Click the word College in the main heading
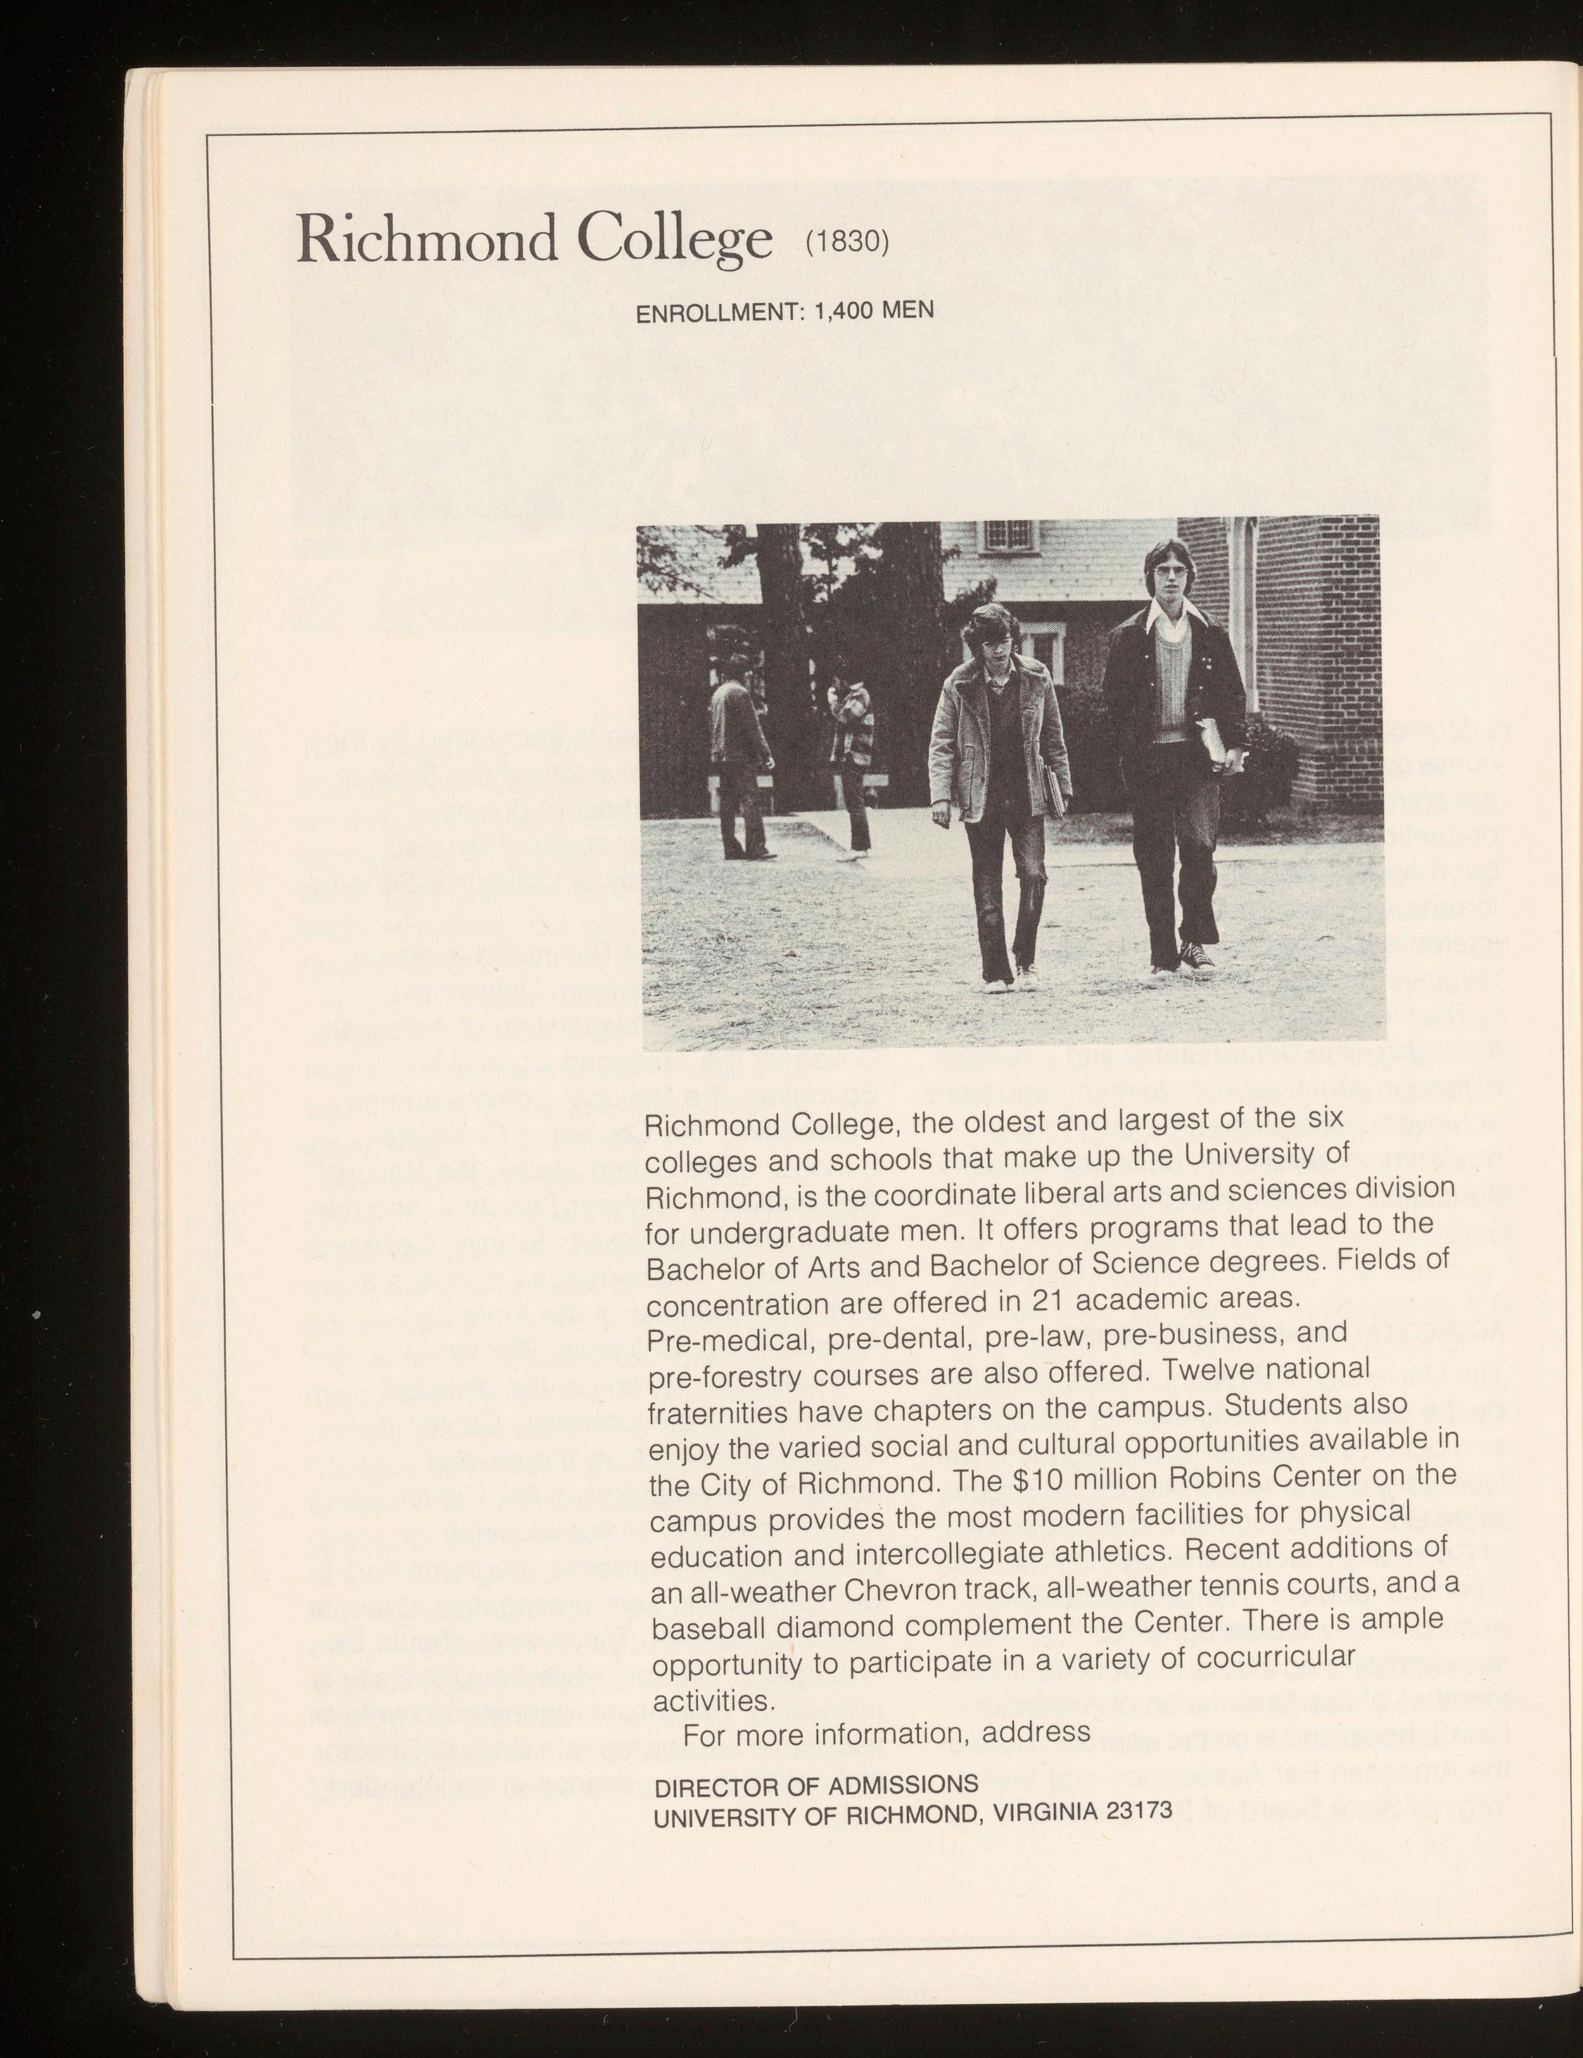(x=669, y=241)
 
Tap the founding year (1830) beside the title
(x=846, y=241)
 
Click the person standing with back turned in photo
(x=737, y=763)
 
